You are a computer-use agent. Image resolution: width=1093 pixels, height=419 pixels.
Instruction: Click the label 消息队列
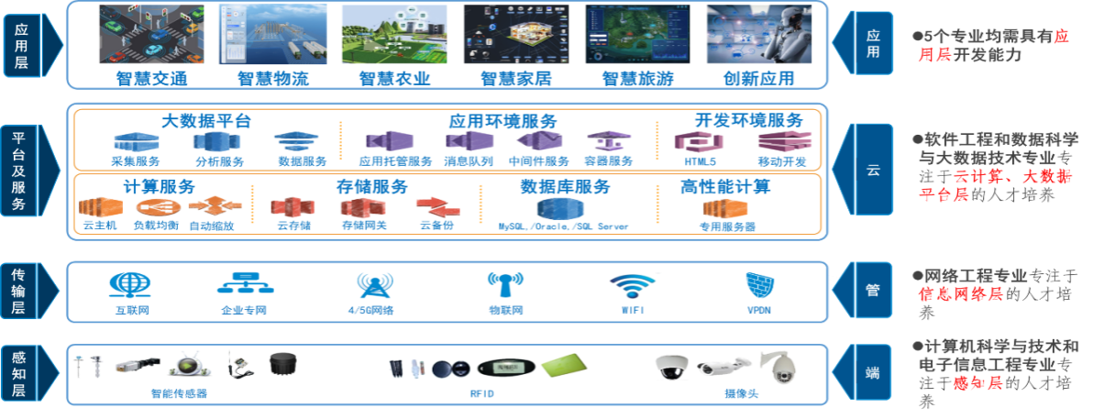pos(469,161)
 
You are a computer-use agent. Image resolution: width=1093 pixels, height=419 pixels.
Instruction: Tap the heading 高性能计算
pos(725,187)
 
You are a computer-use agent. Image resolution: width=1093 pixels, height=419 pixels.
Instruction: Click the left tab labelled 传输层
pos(20,292)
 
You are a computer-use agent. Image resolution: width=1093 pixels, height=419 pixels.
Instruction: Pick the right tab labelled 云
pos(872,171)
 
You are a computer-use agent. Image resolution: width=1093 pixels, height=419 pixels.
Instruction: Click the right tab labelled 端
pos(872,373)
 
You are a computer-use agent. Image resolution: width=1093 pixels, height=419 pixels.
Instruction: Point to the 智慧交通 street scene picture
pos(151,35)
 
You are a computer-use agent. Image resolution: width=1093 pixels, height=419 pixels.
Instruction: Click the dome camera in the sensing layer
pos(670,367)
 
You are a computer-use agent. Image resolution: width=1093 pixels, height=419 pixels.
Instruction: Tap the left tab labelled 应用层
pos(20,44)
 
